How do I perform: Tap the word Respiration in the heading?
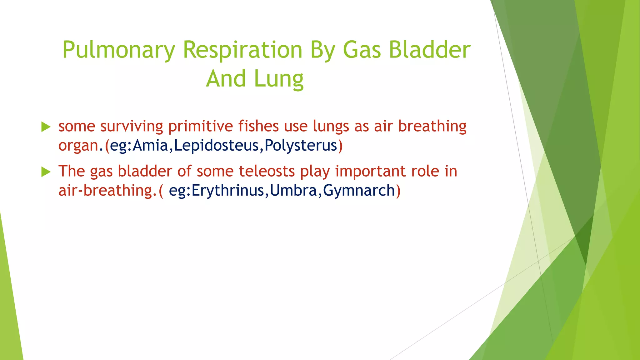pyautogui.click(x=242, y=50)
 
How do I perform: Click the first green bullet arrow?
pyautogui.click(x=46, y=127)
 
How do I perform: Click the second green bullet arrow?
pyautogui.click(x=46, y=172)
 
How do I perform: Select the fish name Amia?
pyautogui.click(x=150, y=145)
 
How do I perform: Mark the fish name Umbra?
pyautogui.click(x=294, y=190)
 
